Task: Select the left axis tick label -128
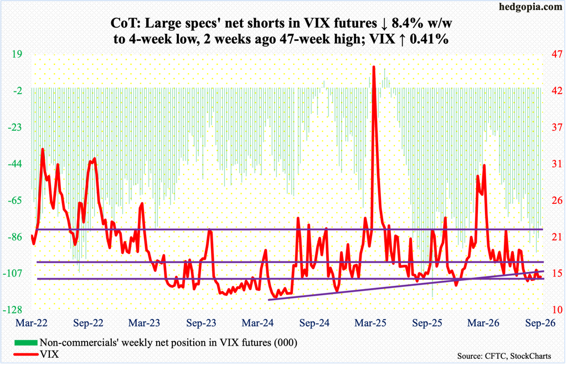coord(13,310)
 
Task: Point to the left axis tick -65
coord(15,201)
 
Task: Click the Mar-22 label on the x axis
coord(32,323)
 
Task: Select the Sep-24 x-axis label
coord(315,323)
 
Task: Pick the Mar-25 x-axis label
coord(370,323)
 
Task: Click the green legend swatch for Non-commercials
coord(25,342)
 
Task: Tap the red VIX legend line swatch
coord(25,354)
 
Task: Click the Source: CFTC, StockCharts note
coord(504,356)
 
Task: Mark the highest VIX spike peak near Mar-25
coord(374,66)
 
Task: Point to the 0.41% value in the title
coord(430,39)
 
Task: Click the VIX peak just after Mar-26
coord(484,165)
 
